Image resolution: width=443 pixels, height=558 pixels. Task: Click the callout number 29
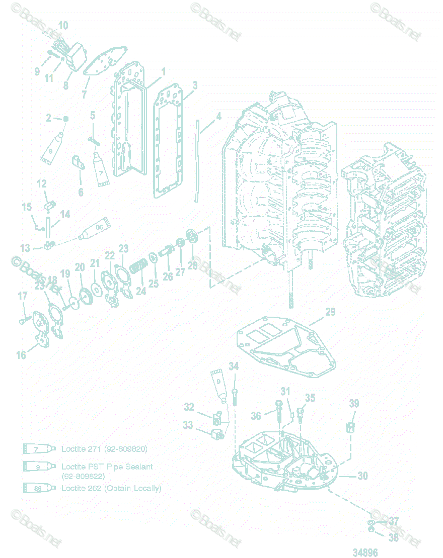click(330, 312)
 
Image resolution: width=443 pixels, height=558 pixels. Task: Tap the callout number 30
click(362, 476)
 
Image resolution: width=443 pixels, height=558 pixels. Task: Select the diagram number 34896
click(365, 552)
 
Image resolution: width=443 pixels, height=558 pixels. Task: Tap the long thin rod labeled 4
click(198, 161)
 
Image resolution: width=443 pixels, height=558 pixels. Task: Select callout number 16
click(21, 355)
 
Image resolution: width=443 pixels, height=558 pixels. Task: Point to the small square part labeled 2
click(65, 118)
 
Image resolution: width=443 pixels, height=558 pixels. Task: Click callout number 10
click(63, 25)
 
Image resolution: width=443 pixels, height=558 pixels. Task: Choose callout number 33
click(188, 425)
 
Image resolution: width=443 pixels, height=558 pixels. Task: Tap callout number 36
click(256, 416)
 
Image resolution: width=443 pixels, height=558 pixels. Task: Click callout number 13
click(25, 248)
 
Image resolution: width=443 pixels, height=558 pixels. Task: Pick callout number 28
click(193, 265)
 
